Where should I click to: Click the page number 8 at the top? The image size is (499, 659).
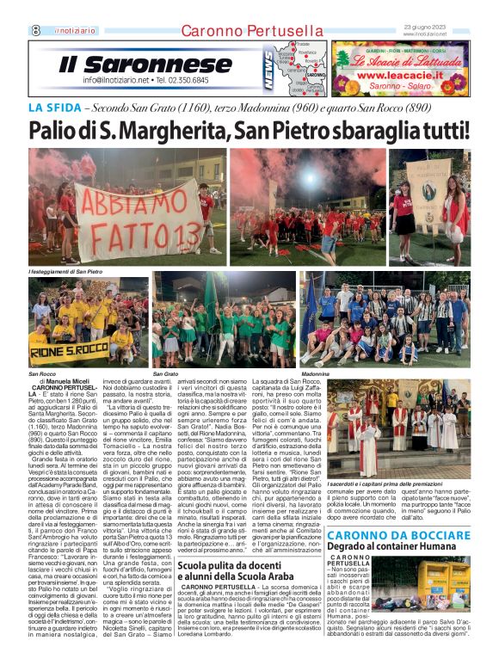click(35, 30)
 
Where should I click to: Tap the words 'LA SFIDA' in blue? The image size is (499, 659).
click(55, 108)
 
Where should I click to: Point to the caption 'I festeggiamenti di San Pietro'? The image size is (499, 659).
click(65, 272)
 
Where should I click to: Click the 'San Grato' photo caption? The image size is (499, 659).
click(165, 375)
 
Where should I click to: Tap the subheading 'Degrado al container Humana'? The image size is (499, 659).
click(410, 546)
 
